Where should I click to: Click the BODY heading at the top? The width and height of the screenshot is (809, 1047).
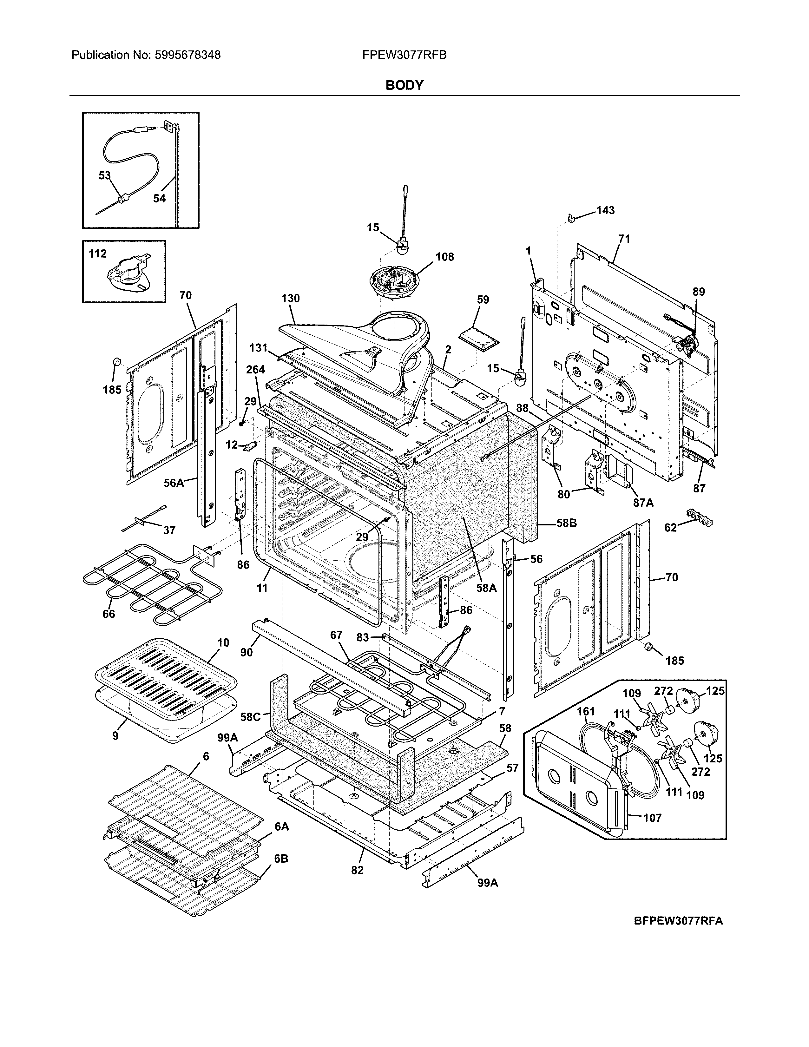pyautogui.click(x=404, y=85)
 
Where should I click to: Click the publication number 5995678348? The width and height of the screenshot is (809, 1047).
pyautogui.click(x=187, y=55)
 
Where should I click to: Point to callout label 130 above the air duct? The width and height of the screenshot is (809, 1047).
pyautogui.click(x=290, y=298)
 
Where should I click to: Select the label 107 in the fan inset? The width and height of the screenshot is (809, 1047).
pyautogui.click(x=652, y=818)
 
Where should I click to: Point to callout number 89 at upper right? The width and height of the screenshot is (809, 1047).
pyautogui.click(x=699, y=292)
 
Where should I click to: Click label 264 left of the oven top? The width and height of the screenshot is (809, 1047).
pyautogui.click(x=255, y=370)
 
